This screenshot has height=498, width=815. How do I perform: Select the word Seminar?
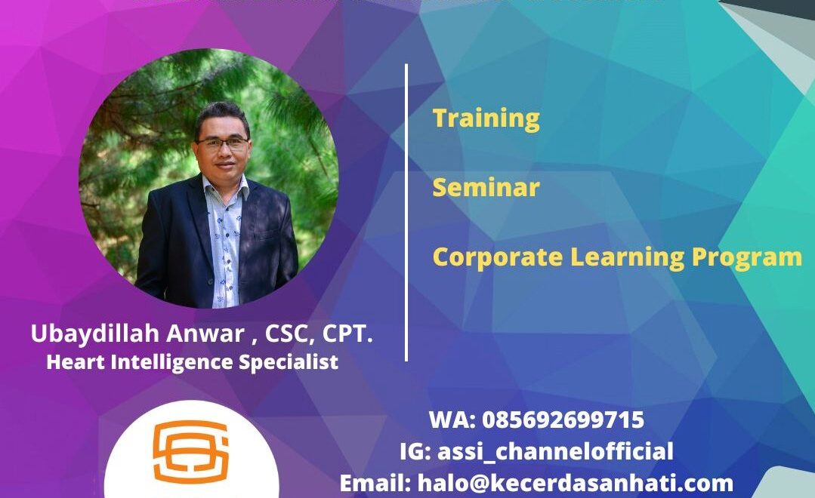[486, 187]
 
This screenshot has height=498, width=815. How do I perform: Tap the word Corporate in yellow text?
[498, 257]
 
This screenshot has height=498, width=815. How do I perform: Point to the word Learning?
[627, 258]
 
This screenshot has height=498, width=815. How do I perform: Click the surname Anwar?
[205, 334]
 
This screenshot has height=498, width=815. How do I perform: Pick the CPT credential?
[347, 334]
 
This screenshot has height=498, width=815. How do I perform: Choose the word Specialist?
[289, 362]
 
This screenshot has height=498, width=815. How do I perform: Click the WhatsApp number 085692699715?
[563, 420]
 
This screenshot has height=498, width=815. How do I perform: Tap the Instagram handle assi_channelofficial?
[555, 451]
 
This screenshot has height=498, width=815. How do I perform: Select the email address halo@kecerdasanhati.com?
[576, 484]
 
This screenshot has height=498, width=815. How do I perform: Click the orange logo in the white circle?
[191, 452]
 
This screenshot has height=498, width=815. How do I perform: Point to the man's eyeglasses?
[223, 143]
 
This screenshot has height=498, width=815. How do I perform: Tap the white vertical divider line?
[406, 212]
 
